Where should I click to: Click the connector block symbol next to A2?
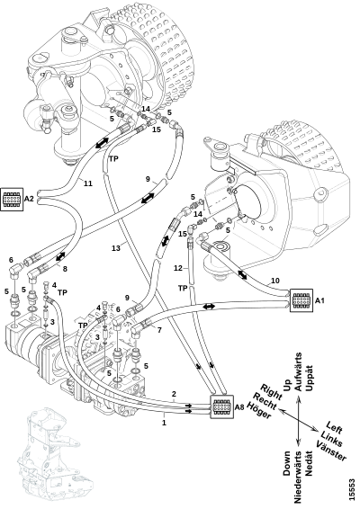(x=12, y=200)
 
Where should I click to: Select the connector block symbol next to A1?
(x=301, y=300)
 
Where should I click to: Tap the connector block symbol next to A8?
(x=221, y=406)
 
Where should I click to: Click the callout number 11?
(x=88, y=183)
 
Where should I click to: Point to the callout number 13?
(x=116, y=247)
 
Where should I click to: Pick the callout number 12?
(x=178, y=268)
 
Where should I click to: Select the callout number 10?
(x=275, y=281)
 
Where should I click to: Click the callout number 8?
(x=65, y=269)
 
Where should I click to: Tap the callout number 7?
(x=159, y=330)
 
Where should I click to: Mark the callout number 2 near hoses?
(x=174, y=394)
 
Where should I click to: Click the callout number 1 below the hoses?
(x=164, y=422)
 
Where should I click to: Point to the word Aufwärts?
(x=298, y=371)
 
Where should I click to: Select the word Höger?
(x=259, y=410)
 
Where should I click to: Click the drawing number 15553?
(x=352, y=489)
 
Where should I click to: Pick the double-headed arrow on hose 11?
(x=102, y=143)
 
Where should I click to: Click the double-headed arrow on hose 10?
(x=241, y=275)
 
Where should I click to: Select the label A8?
(x=239, y=407)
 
